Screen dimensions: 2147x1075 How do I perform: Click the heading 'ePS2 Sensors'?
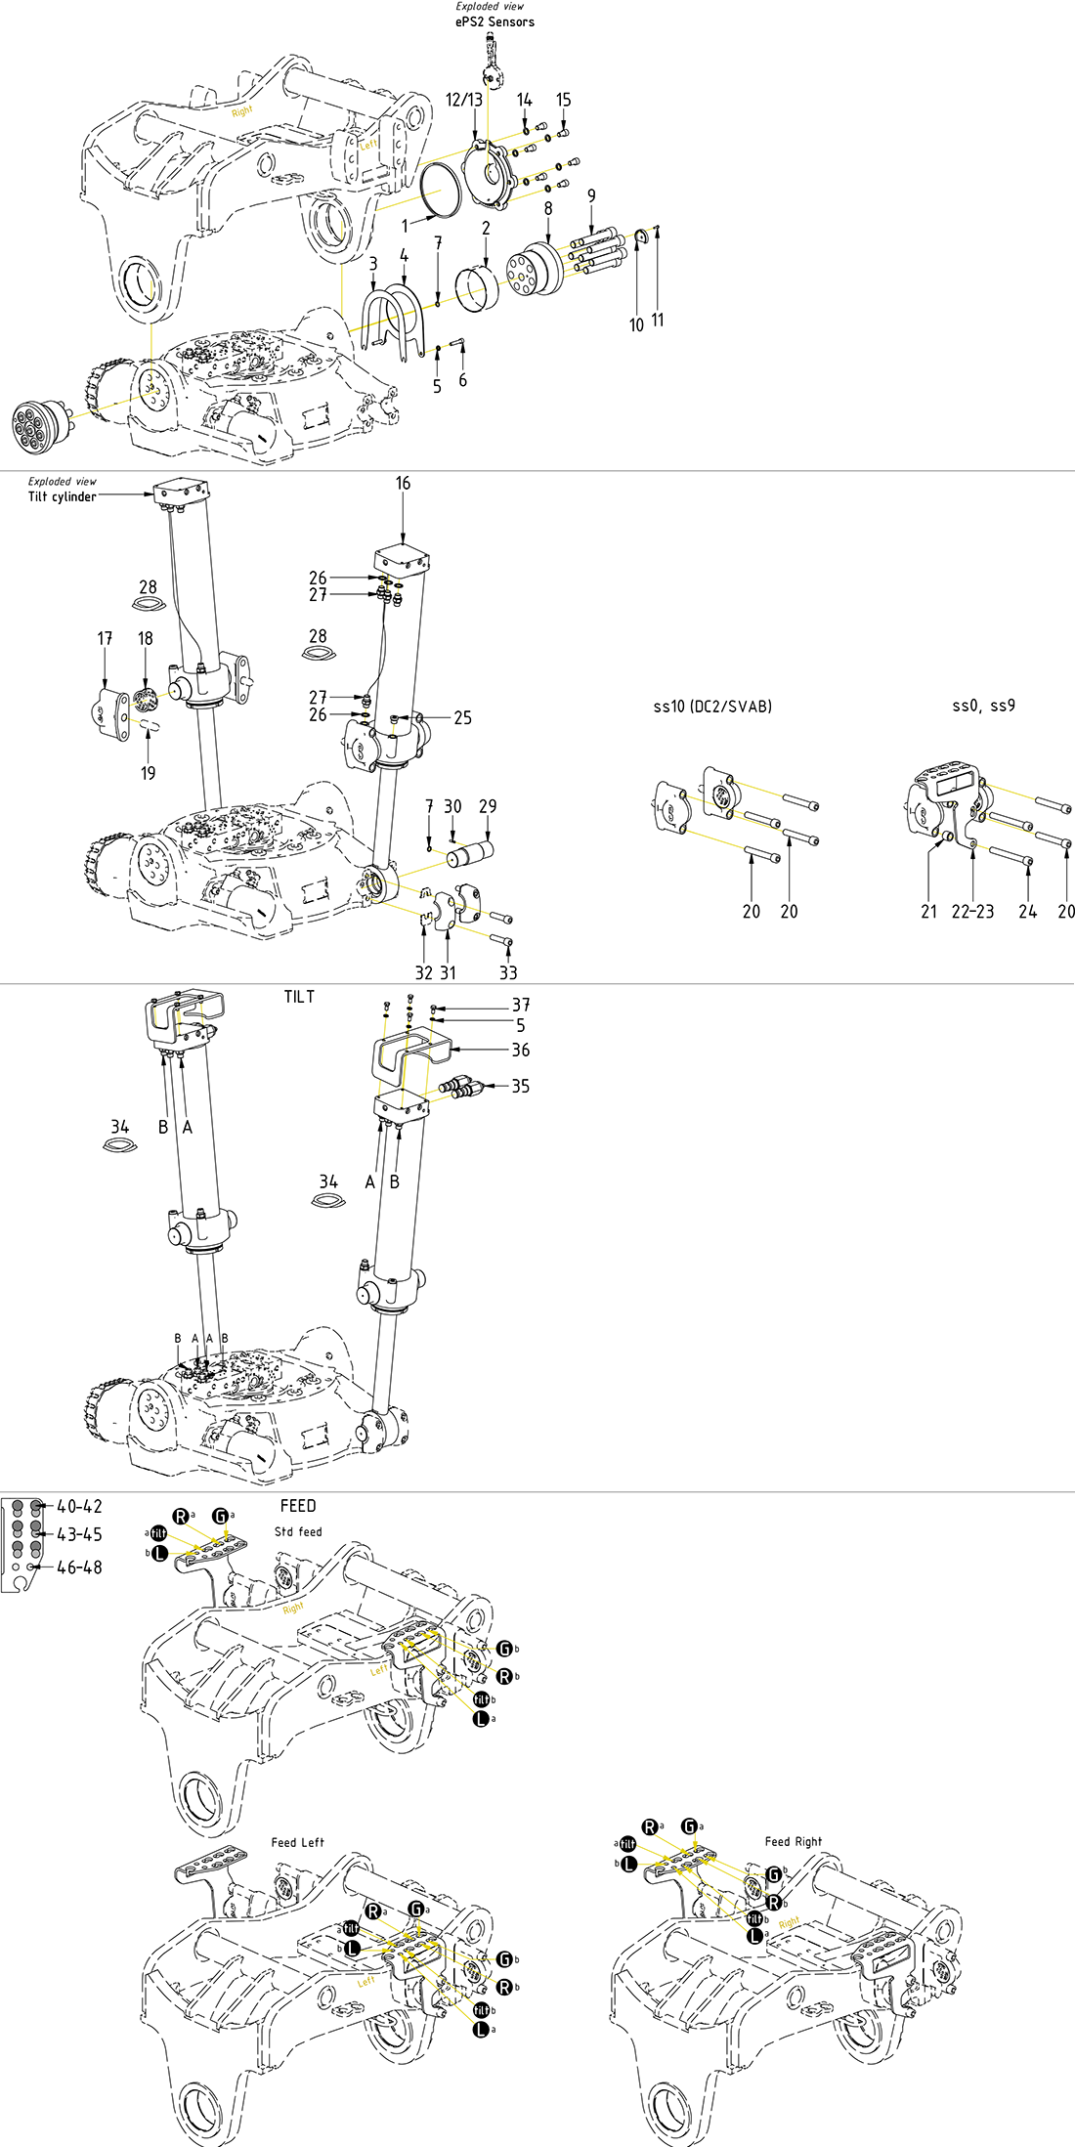494,21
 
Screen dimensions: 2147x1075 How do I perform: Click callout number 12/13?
464,100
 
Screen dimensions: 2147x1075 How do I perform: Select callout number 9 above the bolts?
591,195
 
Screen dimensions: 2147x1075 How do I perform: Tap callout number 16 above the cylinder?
403,483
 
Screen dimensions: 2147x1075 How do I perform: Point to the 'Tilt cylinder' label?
62,496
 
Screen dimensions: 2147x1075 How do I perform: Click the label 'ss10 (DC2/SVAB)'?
712,706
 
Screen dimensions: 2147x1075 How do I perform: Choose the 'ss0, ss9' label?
983,706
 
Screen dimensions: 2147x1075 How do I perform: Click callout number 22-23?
972,911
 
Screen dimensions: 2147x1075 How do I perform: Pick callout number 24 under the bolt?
1027,911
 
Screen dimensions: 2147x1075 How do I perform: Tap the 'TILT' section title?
299,997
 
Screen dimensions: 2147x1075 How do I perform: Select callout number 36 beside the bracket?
521,1050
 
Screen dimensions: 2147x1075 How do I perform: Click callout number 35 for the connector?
521,1086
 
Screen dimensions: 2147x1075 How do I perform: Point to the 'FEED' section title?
298,1506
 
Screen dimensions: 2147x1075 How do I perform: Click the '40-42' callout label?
79,1506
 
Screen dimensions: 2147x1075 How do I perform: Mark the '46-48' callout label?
79,1567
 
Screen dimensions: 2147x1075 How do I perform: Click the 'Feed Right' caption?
793,1841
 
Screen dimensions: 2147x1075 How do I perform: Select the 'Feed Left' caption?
297,1842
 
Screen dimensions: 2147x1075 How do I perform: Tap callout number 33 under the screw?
508,972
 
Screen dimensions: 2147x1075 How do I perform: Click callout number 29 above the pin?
488,806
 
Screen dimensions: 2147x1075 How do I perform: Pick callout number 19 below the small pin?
148,773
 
